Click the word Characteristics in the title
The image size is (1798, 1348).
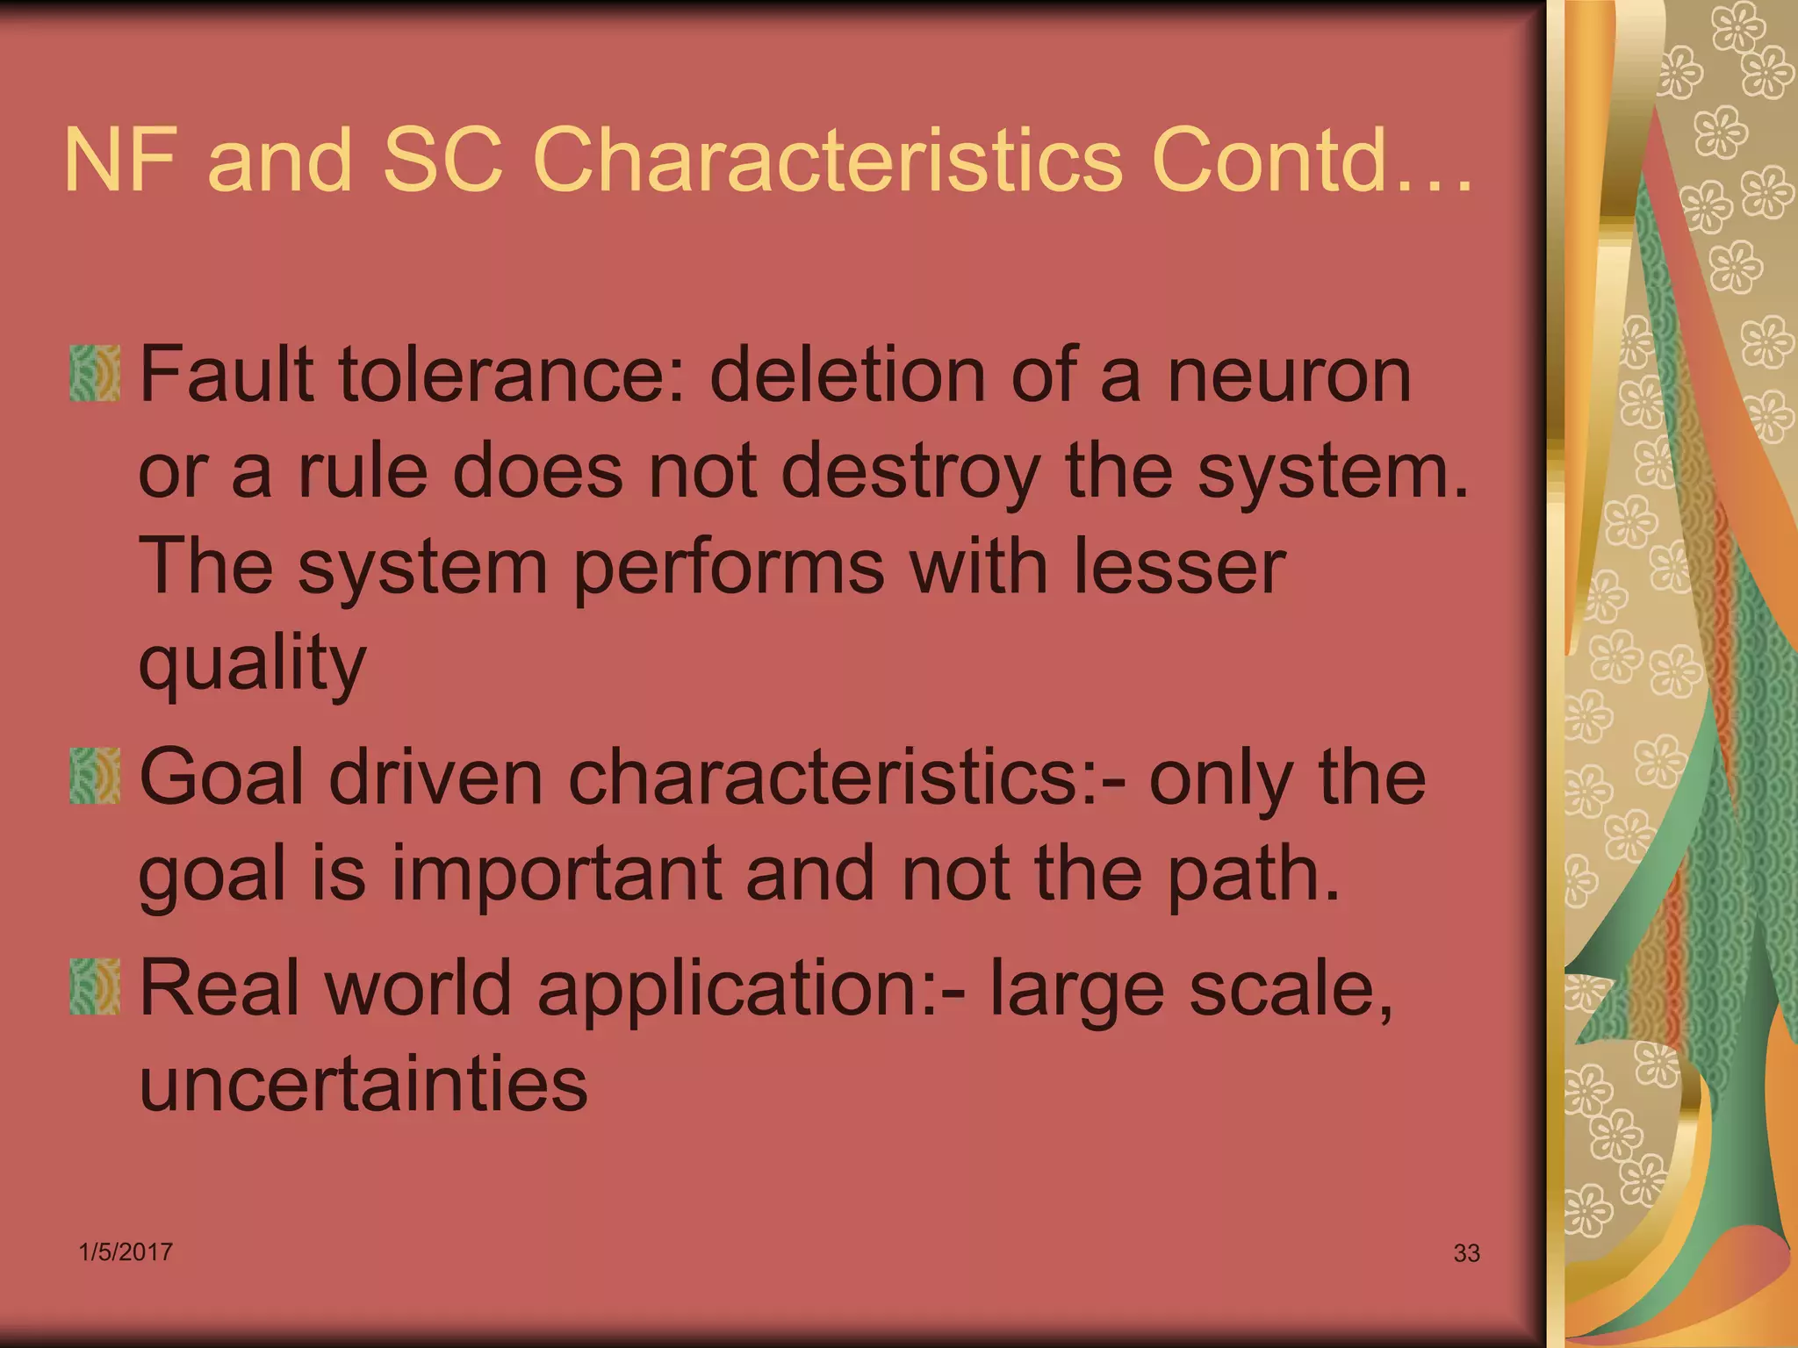pos(826,160)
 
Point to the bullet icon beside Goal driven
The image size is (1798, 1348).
pos(94,776)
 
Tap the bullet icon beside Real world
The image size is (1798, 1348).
pos(94,986)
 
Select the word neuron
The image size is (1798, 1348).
pos(1289,376)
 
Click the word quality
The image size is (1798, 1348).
pos(252,663)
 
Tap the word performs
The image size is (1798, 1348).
pos(729,568)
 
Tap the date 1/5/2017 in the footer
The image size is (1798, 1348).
pos(126,1251)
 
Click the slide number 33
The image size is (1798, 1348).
pos(1466,1253)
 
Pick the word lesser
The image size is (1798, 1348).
pos(1178,568)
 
